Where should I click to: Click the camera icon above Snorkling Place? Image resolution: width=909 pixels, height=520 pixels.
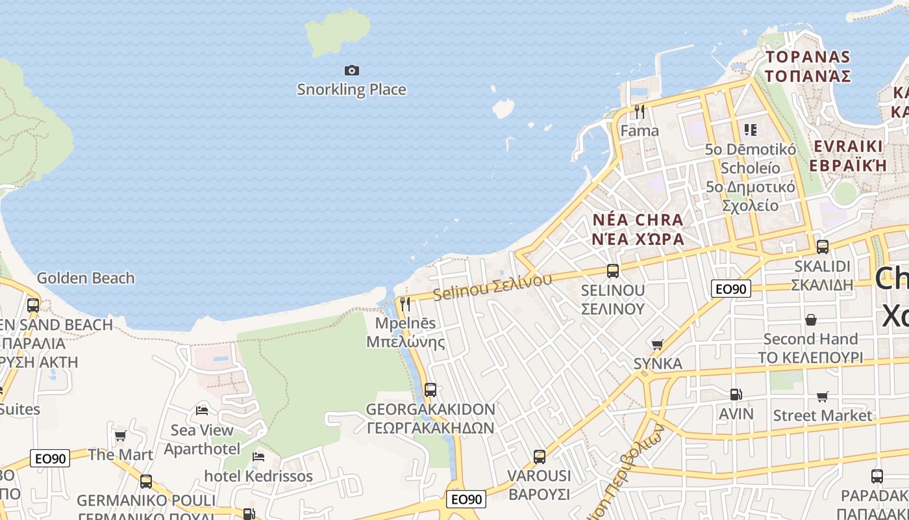pyautogui.click(x=351, y=70)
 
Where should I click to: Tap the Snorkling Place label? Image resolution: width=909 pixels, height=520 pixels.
pyautogui.click(x=351, y=90)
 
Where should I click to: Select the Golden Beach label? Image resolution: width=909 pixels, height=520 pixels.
pyautogui.click(x=86, y=278)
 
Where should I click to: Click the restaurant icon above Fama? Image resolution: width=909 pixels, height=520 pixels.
pyautogui.click(x=640, y=112)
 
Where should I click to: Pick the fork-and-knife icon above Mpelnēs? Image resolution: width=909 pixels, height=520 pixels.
pyautogui.click(x=405, y=304)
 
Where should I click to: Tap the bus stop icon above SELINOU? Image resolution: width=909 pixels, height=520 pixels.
pyautogui.click(x=612, y=271)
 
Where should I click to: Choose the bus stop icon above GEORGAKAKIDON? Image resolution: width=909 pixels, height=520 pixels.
pyautogui.click(x=430, y=390)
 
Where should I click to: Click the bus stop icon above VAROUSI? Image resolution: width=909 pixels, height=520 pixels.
pyautogui.click(x=539, y=457)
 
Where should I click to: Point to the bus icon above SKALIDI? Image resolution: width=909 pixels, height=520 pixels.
pyautogui.click(x=823, y=247)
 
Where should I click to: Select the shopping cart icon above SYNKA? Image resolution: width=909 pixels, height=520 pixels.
pyautogui.click(x=657, y=344)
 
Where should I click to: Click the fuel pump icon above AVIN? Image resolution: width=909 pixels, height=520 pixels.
pyautogui.click(x=736, y=394)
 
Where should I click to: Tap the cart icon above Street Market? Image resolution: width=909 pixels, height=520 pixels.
pyautogui.click(x=823, y=396)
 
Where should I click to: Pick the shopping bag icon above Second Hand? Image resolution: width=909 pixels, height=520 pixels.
pyautogui.click(x=810, y=320)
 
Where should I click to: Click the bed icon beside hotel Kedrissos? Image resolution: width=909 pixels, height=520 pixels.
pyautogui.click(x=258, y=457)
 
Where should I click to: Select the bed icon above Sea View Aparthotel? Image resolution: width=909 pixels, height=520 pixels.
pyautogui.click(x=202, y=411)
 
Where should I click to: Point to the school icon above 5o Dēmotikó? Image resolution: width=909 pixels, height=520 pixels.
pyautogui.click(x=751, y=130)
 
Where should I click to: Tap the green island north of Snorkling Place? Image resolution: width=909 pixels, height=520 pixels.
pyautogui.click(x=338, y=31)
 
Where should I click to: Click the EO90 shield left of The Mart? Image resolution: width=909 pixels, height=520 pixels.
pyautogui.click(x=50, y=459)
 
